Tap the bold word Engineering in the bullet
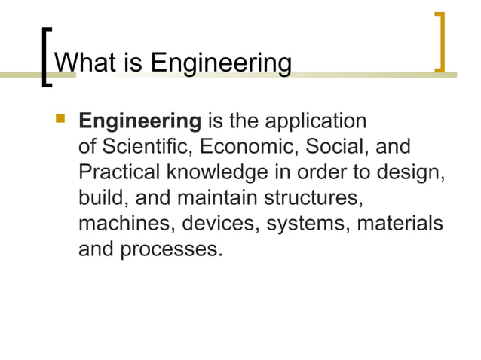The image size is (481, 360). [139, 122]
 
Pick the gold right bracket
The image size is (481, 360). [440, 42]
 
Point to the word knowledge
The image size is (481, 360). [215, 172]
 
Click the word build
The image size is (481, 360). [99, 197]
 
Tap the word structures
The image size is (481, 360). [314, 197]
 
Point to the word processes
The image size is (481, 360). [171, 249]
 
